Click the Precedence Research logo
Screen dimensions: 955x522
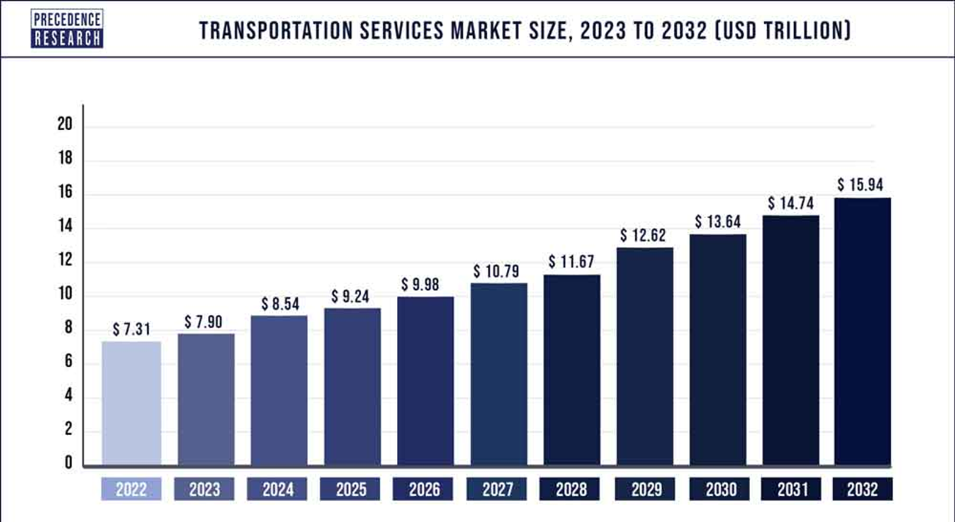tap(67, 29)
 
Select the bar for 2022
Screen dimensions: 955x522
tap(131, 403)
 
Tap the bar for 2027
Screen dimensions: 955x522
tap(499, 374)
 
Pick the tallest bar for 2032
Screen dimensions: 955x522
tap(863, 331)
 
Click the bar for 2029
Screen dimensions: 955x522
tap(645, 356)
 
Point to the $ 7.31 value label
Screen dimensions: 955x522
tap(131, 329)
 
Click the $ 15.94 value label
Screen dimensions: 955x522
tap(860, 185)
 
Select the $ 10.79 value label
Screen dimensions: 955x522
tap(496, 271)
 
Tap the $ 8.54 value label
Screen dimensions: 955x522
tap(280, 304)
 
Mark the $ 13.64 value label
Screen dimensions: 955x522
tap(718, 222)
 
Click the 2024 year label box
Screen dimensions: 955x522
tap(277, 489)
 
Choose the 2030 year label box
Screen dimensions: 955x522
tap(719, 489)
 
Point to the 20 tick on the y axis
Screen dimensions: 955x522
tap(65, 124)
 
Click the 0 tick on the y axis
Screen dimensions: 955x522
tap(68, 462)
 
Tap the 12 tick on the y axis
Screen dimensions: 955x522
tap(65, 260)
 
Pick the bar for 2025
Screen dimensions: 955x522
tap(353, 387)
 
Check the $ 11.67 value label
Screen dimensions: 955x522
tap(571, 262)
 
